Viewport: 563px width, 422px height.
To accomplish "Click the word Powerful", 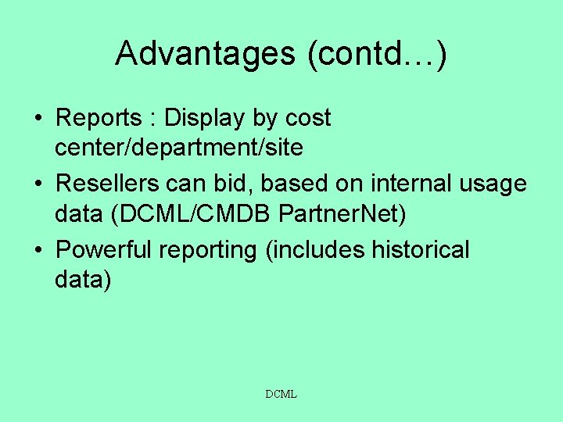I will (106, 250).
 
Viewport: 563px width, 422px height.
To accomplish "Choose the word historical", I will (421, 250).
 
